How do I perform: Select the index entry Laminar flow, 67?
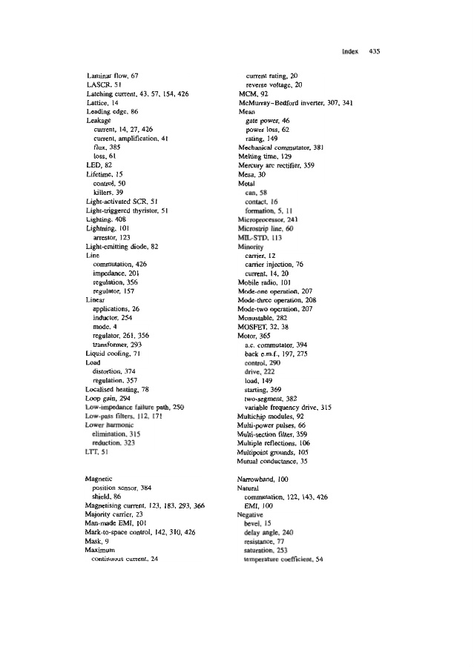click(x=113, y=76)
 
